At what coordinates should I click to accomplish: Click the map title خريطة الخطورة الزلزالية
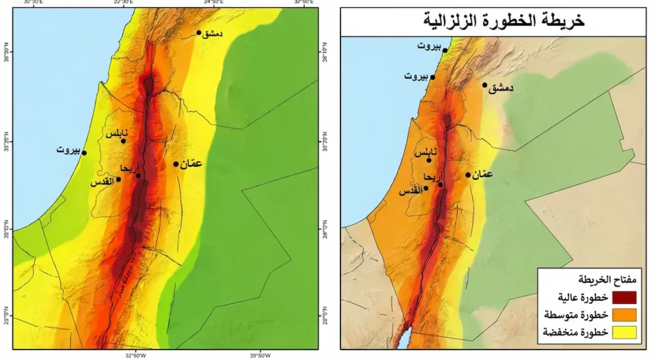click(x=493, y=21)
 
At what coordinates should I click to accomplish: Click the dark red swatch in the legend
click(x=624, y=297)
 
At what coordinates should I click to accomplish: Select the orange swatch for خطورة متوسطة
click(x=624, y=314)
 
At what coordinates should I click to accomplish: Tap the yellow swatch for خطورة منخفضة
click(x=624, y=332)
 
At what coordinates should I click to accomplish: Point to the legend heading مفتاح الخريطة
click(x=611, y=280)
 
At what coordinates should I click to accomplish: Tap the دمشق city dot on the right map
click(x=485, y=85)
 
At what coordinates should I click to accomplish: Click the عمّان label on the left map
click(x=191, y=164)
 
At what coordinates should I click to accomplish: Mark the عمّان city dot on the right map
click(x=468, y=175)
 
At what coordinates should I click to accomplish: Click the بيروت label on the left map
click(x=68, y=151)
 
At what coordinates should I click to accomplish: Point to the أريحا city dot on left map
click(x=138, y=175)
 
